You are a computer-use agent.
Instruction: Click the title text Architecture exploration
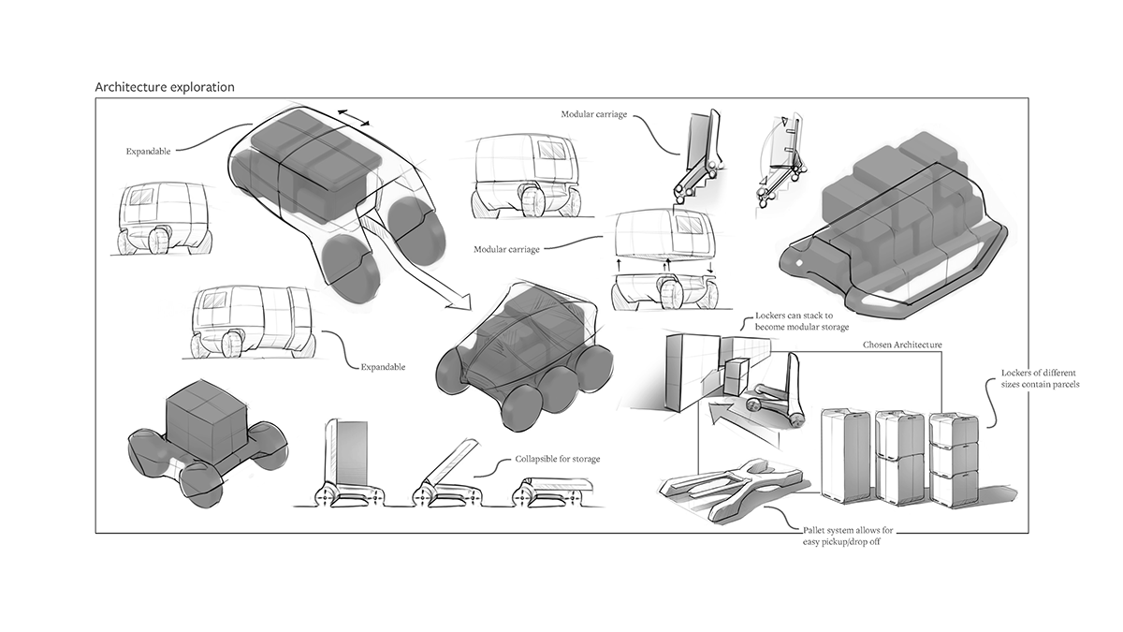165,87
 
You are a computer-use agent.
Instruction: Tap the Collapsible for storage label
558,459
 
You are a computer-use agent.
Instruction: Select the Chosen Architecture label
902,345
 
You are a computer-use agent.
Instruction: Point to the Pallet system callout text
843,536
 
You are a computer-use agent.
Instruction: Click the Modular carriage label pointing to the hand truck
594,114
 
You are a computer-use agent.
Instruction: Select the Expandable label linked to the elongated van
383,367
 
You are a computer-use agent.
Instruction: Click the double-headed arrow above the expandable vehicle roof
353,117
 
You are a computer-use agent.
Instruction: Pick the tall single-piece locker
844,456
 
